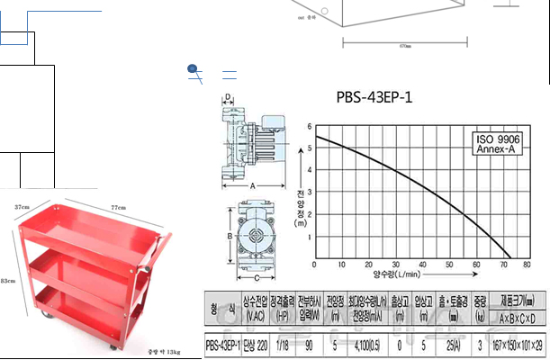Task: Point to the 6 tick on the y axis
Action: (309, 127)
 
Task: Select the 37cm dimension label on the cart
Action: (23, 208)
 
